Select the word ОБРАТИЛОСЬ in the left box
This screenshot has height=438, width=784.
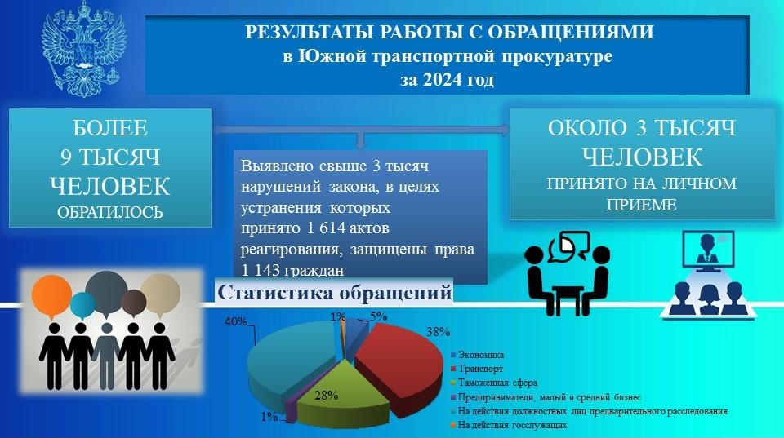click(110, 212)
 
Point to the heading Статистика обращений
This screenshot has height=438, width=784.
click(335, 292)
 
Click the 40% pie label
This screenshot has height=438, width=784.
click(235, 321)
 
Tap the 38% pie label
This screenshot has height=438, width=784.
click(438, 331)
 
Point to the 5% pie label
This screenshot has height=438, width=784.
click(378, 316)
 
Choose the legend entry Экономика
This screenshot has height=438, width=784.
click(477, 355)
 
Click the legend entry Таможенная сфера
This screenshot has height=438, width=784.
click(494, 383)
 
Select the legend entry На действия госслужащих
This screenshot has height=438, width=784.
click(509, 425)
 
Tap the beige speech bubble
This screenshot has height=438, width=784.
click(160, 294)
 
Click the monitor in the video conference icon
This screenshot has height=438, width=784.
click(709, 250)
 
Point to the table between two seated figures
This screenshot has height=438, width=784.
click(568, 299)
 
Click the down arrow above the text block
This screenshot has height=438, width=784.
click(360, 140)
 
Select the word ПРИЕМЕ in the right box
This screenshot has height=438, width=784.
click(642, 205)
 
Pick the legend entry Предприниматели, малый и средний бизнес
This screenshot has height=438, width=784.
click(546, 397)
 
